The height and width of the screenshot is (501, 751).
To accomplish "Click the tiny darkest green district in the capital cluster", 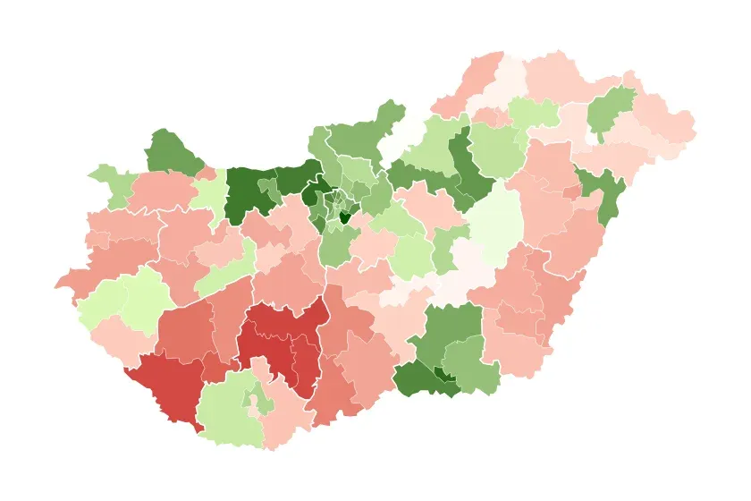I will pyautogui.click(x=344, y=217).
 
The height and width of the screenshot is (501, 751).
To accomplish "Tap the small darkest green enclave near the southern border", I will pyautogui.click(x=440, y=374).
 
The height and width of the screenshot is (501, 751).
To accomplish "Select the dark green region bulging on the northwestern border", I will pyautogui.click(x=172, y=153).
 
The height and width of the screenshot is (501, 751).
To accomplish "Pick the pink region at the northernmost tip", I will pyautogui.click(x=483, y=76).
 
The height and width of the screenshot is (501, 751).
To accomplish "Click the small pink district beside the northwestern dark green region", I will pyautogui.click(x=206, y=172).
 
